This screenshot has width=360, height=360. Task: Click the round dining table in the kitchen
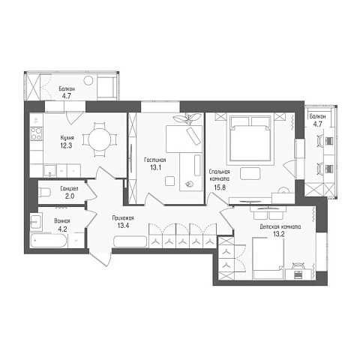pos(100,139)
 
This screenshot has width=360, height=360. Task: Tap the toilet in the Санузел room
pos(44,192)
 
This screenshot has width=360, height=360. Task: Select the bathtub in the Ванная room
pos(49,241)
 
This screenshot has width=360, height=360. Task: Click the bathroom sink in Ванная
pos(36,221)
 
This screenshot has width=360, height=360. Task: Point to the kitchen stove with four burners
pos(36,133)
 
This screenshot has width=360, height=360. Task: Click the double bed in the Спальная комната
pos(250,140)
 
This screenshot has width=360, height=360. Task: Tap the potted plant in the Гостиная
pos(187,118)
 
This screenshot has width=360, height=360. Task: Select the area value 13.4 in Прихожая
pos(123,226)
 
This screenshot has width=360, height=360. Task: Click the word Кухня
pos(67,138)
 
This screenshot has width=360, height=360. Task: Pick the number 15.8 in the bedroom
pos(220,187)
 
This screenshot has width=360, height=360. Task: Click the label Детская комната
pos(280,226)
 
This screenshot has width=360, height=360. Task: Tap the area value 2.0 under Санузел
pos(70,196)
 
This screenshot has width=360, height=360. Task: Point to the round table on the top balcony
pos(88,80)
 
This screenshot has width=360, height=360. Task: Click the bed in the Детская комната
pos(268,258)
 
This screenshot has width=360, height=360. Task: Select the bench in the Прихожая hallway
pos(130,241)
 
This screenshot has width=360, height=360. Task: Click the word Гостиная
pos(155,160)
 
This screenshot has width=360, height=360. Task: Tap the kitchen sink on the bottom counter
pos(50,171)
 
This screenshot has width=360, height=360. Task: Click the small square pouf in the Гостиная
pos(169,181)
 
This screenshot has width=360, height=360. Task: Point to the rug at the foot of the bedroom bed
pos(250,173)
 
